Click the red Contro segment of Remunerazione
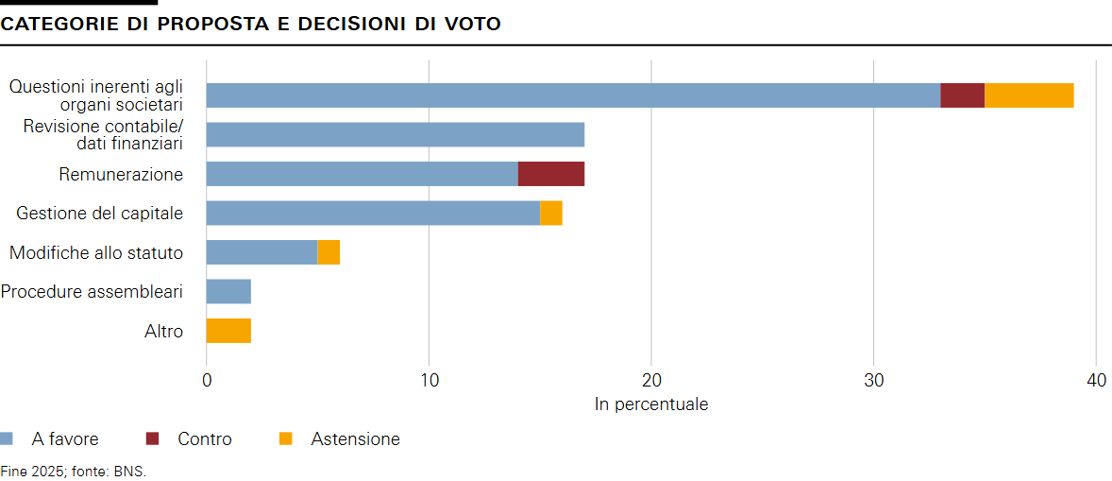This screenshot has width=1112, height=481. coord(551,174)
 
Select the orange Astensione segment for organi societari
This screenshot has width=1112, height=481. coord(1029,95)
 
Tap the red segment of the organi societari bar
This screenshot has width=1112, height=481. coord(962,95)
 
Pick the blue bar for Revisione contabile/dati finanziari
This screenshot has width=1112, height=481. coord(395,135)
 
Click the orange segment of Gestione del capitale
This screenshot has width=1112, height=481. coord(551,214)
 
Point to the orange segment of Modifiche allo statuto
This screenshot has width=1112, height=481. coord(329,252)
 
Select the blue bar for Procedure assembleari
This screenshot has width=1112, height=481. coord(228,291)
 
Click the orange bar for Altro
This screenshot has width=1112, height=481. coord(228,331)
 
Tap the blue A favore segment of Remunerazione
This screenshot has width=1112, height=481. coord(362,174)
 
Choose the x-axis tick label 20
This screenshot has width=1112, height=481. coord(651,381)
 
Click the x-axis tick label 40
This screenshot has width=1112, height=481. coord(1095,381)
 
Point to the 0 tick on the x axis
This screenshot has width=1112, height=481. coord(207,381)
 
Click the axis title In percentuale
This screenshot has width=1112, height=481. coord(651,404)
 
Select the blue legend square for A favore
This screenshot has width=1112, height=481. coord(7,438)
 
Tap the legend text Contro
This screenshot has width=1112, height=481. coord(204,439)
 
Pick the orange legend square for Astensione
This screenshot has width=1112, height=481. coord(286,438)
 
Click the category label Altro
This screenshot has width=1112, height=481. coord(163,332)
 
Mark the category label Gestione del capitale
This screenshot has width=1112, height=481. coord(99,214)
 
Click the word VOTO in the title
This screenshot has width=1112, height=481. coord(471,24)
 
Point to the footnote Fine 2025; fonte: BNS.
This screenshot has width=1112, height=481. coord(74,470)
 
